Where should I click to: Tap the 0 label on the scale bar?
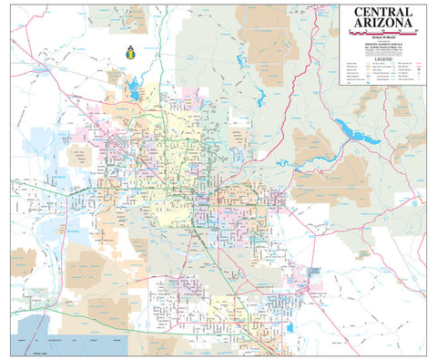[x=350, y=30]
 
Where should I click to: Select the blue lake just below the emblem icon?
[x=136, y=88]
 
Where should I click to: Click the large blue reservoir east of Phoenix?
[x=359, y=133]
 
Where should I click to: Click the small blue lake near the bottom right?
[x=290, y=327]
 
